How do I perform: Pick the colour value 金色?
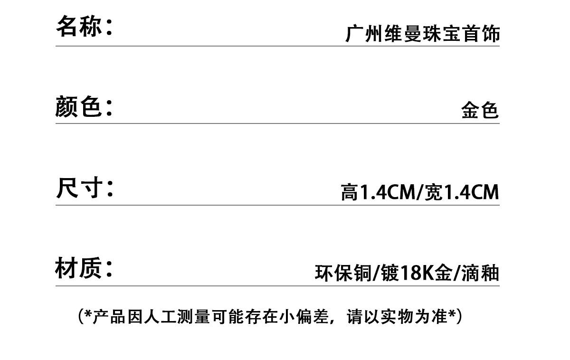(x=480, y=110)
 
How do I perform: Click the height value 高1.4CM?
(x=377, y=192)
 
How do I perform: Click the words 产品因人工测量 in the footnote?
(x=151, y=316)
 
